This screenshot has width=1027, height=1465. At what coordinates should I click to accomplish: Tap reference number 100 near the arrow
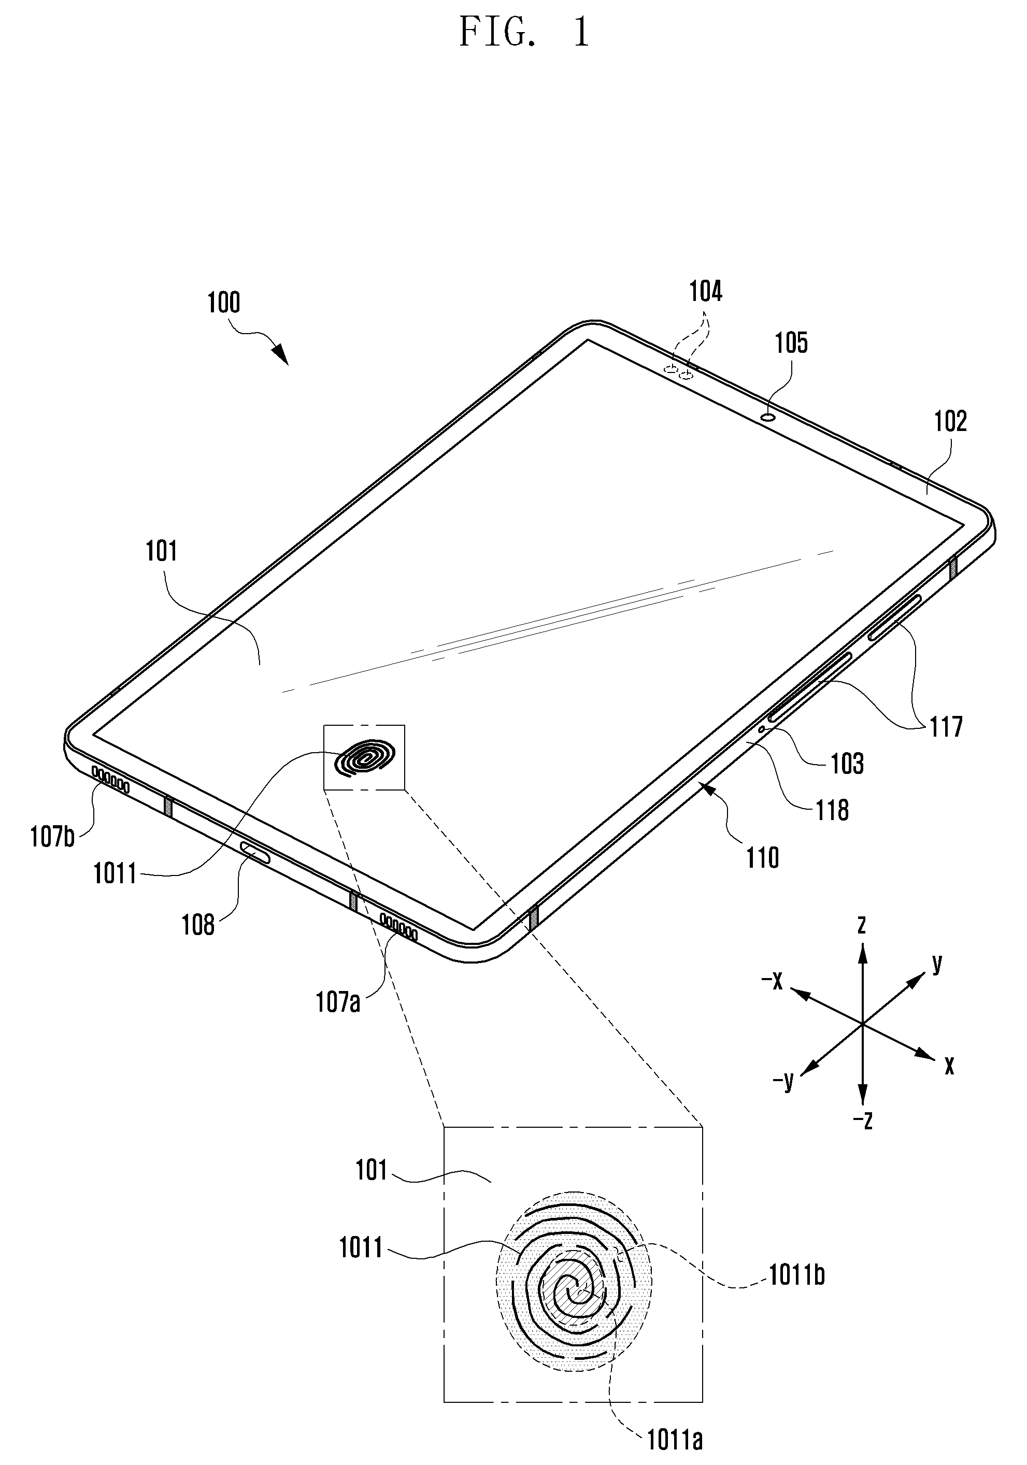pyautogui.click(x=223, y=303)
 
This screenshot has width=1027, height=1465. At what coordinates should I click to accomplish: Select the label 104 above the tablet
pyautogui.click(x=705, y=292)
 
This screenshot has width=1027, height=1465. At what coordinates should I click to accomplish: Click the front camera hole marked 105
pyautogui.click(x=768, y=418)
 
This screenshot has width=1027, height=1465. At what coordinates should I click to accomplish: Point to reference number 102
pyautogui.click(x=950, y=422)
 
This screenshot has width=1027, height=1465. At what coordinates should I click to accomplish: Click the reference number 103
pyautogui.click(x=847, y=764)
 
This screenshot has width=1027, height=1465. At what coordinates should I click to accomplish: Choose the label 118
pyautogui.click(x=832, y=810)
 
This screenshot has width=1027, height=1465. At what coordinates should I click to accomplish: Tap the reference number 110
pyautogui.click(x=762, y=858)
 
